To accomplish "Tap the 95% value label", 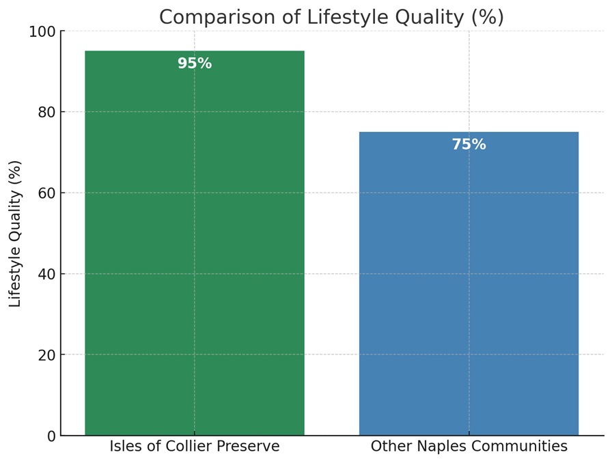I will coord(195,64).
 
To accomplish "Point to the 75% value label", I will coord(469,145).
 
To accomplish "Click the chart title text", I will coord(331,17).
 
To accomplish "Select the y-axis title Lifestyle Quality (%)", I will coord(16,234).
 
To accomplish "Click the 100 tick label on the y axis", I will coord(42,31).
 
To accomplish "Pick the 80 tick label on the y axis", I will coord(46,112).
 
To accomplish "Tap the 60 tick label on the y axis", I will coord(46,193).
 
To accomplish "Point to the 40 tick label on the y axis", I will coord(46,274).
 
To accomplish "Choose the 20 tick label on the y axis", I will coord(46,355).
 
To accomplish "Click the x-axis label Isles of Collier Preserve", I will coord(195,447).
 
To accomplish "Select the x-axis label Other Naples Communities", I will coord(469,447).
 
